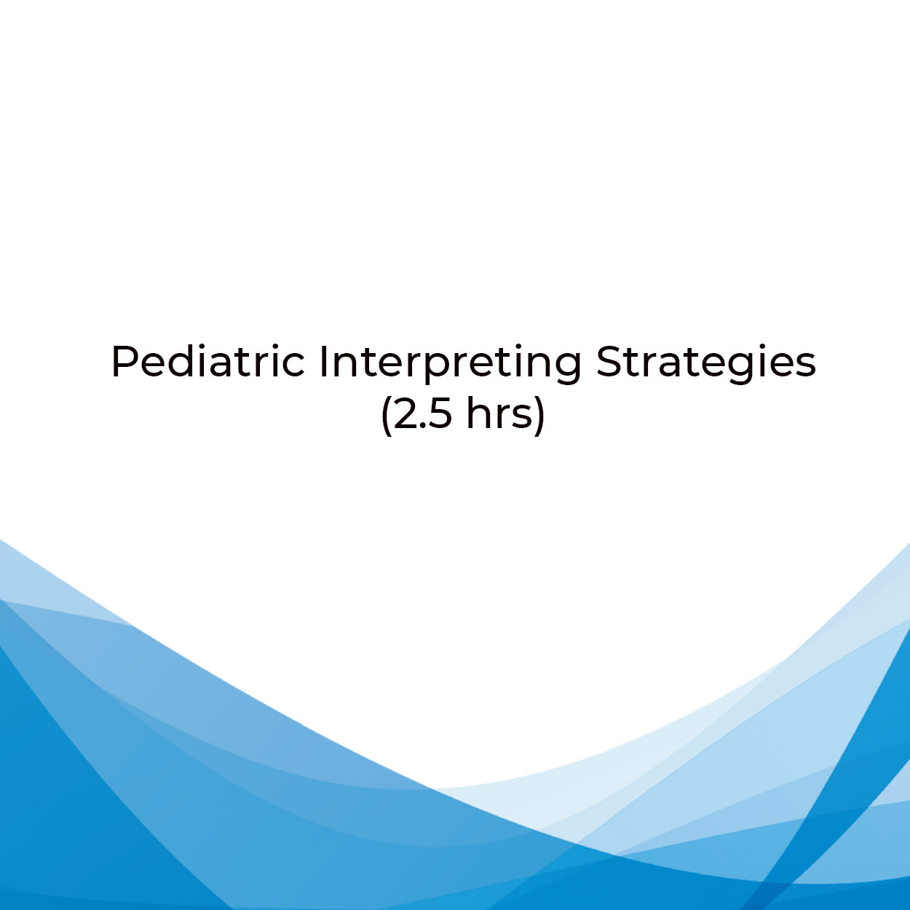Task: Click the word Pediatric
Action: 208,362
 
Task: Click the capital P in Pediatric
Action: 124,362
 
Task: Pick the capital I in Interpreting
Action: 323,362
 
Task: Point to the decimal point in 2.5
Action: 422,426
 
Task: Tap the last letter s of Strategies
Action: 807,367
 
